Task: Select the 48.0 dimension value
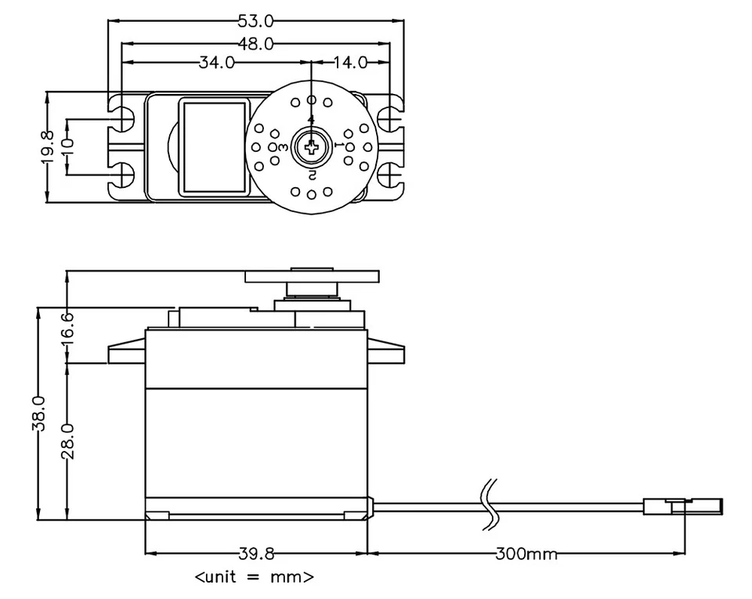(x=255, y=44)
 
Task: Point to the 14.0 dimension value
(x=350, y=63)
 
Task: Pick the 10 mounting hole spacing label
(x=68, y=147)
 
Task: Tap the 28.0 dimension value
(x=67, y=440)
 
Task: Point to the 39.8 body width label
(x=256, y=554)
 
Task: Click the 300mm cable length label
(x=526, y=554)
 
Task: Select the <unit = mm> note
(x=255, y=578)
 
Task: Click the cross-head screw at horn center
(x=311, y=146)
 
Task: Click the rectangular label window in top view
(x=214, y=146)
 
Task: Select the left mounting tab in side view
(x=127, y=352)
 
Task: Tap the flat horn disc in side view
(x=312, y=276)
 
